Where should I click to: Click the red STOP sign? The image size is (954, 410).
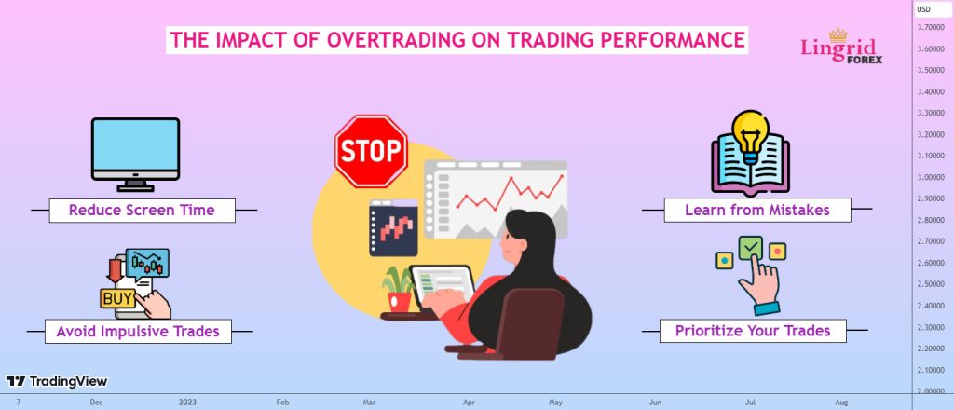[x=371, y=151]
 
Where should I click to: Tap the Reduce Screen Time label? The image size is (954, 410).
[x=142, y=210]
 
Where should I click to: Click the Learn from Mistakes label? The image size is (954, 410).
[x=756, y=210]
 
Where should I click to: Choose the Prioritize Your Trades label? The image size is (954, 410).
[x=753, y=330]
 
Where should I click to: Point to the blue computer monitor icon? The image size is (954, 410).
[x=135, y=155]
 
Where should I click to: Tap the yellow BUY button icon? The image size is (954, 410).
[x=118, y=299]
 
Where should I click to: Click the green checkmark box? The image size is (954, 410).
[x=750, y=247]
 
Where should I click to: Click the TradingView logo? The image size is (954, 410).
[x=57, y=381]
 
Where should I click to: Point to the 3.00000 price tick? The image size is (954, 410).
[x=931, y=177]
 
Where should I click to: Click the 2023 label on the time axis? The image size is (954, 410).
[x=187, y=403]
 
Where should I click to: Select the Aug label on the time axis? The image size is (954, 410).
[x=841, y=403]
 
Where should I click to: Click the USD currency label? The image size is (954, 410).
[x=923, y=9]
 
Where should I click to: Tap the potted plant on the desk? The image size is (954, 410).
[x=399, y=290]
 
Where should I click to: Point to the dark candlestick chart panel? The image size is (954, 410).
[x=393, y=227]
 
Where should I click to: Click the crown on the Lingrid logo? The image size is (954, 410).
[x=838, y=34]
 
